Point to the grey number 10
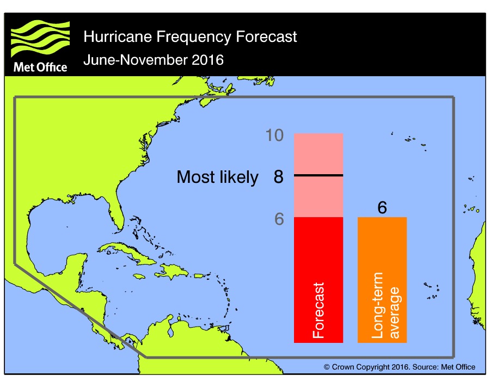click(274, 135)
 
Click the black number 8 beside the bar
click(278, 177)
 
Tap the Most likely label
click(218, 177)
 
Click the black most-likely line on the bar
click(318, 175)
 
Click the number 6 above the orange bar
click(382, 208)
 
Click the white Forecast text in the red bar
click(319, 310)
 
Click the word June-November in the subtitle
click(131, 59)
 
